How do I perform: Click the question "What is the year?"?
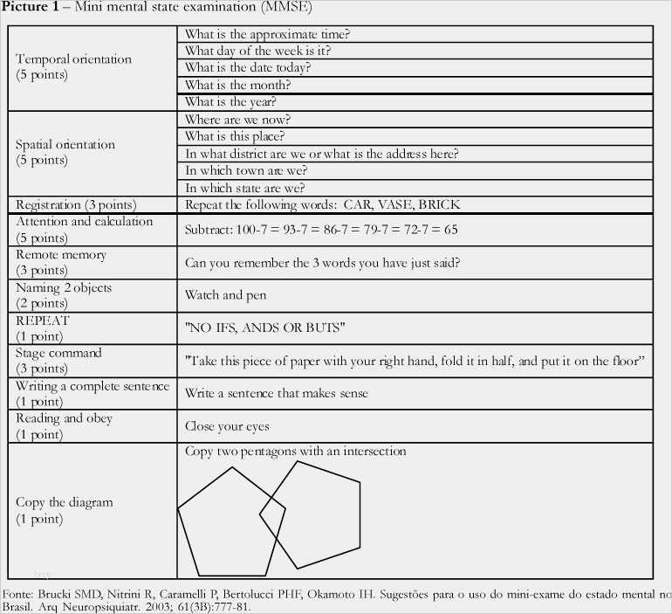230,102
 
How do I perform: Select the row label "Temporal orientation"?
73,59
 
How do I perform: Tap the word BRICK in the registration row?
438,205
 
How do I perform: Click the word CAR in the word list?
358,205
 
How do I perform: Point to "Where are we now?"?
237,120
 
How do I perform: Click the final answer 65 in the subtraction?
450,231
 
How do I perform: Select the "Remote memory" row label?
61,255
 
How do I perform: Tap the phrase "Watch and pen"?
225,295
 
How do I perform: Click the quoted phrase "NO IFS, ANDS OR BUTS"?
265,328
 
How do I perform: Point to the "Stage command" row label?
58,353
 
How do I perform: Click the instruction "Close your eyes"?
227,426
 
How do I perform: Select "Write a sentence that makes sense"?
276,393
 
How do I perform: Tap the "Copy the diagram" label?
65,502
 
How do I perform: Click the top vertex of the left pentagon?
232,468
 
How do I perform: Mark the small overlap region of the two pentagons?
273,516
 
